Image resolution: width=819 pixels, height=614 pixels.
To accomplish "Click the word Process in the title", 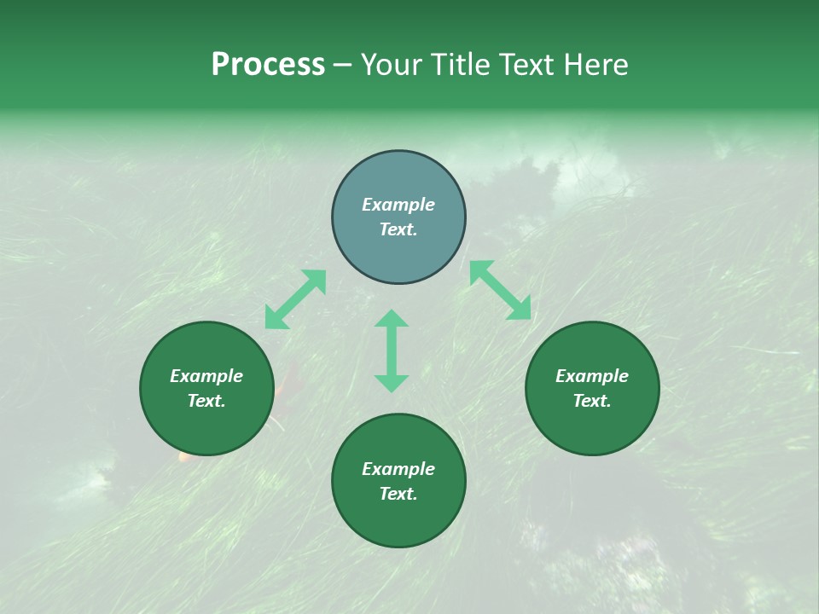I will point(268,65).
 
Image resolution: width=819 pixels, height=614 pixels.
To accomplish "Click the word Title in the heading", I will point(457,65).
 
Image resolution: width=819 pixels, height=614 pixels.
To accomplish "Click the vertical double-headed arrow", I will point(392,350).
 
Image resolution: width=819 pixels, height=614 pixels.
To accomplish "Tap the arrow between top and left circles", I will point(295,299).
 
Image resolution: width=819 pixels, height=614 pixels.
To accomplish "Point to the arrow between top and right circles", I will point(500,290).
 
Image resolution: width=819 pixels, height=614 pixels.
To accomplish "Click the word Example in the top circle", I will point(398,205).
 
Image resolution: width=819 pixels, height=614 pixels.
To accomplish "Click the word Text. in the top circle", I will point(398,229).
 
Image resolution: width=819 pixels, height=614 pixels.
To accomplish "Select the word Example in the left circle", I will point(206,376).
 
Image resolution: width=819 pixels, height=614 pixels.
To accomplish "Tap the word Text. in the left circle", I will point(206,401).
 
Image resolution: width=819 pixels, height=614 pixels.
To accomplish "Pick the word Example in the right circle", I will point(592,376).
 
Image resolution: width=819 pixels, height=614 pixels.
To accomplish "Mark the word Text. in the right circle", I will point(592,401).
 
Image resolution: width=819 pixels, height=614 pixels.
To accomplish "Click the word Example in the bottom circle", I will point(398,469).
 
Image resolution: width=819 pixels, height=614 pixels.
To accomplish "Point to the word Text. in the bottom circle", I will point(398,494).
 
